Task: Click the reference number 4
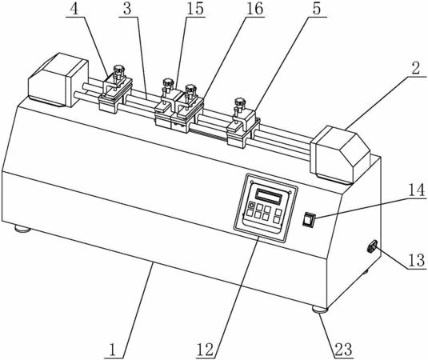(x=74, y=9)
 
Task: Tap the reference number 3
(x=127, y=9)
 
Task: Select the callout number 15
(x=195, y=9)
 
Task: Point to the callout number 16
(x=254, y=9)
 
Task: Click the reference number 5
(x=317, y=9)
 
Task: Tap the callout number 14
(x=417, y=190)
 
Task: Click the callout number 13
(x=417, y=260)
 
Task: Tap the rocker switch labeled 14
(x=309, y=219)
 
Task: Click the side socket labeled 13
(x=373, y=246)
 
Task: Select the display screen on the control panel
(x=268, y=197)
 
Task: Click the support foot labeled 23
(x=320, y=310)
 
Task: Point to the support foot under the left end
(x=22, y=228)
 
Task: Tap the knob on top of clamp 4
(x=118, y=70)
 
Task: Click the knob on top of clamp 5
(x=240, y=102)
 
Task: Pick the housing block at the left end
(x=58, y=79)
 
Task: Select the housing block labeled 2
(x=340, y=154)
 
